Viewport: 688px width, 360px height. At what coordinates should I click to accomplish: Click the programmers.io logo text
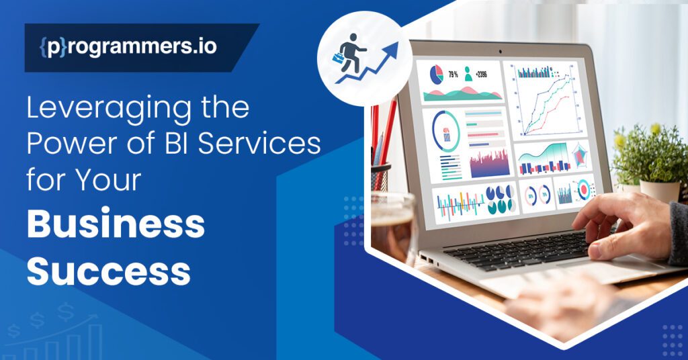127,48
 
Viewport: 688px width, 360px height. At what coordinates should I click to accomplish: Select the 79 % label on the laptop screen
454,72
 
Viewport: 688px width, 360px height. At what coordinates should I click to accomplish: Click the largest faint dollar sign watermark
65,311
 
